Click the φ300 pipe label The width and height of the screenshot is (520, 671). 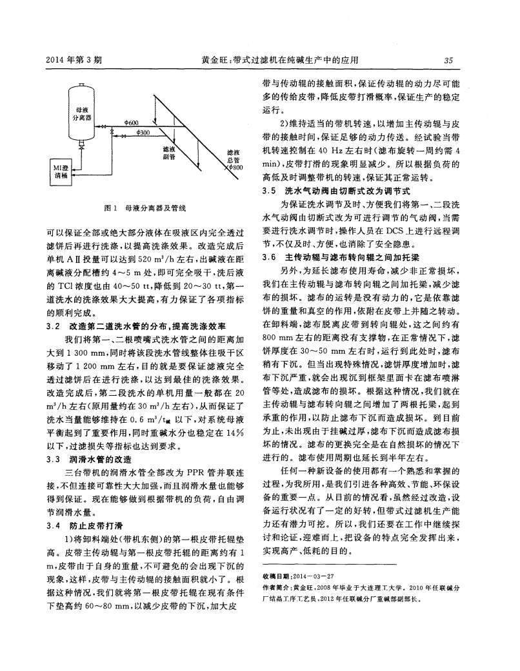145,132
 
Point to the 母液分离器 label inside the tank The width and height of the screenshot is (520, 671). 83,115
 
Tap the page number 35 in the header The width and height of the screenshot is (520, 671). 447,61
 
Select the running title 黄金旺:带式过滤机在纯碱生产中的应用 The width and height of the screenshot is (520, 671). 279,61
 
